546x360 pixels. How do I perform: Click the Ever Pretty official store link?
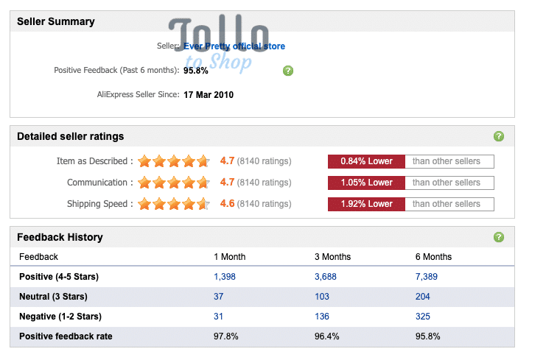(x=234, y=46)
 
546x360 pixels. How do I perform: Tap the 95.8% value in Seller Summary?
(x=196, y=71)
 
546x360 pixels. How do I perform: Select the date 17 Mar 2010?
(x=209, y=95)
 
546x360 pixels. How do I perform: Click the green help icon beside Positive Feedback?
(x=288, y=71)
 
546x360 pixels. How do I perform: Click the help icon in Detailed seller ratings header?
(x=499, y=136)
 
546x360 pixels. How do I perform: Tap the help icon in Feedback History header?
(x=499, y=237)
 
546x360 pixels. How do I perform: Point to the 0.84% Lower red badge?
(x=366, y=161)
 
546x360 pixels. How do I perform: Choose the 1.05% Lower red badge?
(x=366, y=183)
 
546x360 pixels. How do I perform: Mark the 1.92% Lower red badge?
(x=366, y=204)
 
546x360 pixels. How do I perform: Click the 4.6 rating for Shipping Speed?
(x=227, y=203)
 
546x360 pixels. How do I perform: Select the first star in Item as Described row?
(x=144, y=161)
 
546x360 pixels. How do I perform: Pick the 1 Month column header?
(x=229, y=257)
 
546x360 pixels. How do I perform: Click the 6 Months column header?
(x=433, y=257)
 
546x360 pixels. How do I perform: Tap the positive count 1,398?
(x=225, y=277)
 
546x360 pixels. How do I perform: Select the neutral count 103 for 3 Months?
(x=322, y=297)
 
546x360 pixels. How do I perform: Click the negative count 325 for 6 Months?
(x=423, y=317)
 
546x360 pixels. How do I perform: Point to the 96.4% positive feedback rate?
(x=326, y=336)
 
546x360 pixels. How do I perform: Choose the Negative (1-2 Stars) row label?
(x=60, y=317)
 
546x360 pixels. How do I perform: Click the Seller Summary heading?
(x=56, y=21)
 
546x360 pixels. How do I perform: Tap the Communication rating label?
(x=97, y=183)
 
